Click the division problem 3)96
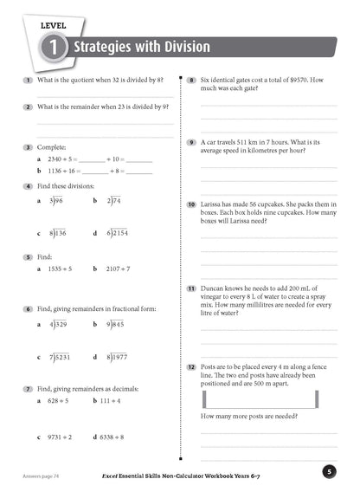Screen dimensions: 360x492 pyautogui.click(x=57, y=201)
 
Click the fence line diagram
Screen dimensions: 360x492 pyautogui.click(x=269, y=400)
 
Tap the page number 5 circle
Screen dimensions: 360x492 pyautogui.click(x=329, y=471)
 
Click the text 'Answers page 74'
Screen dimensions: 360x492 pyautogui.click(x=42, y=476)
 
